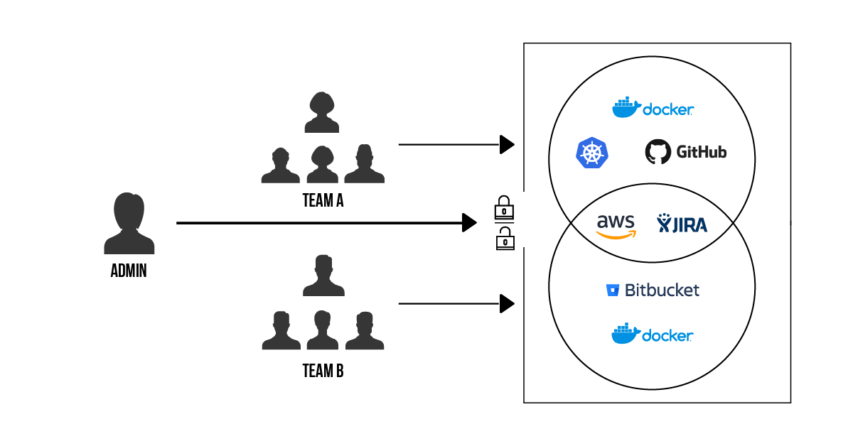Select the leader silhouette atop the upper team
pyautogui.click(x=321, y=113)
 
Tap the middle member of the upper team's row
pyautogui.click(x=322, y=165)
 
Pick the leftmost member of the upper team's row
pyautogui.click(x=280, y=166)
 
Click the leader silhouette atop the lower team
pyautogui.click(x=323, y=276)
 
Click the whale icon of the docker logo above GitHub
pyautogui.click(x=626, y=108)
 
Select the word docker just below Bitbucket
pyautogui.click(x=667, y=335)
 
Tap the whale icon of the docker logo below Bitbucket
pyautogui.click(x=626, y=334)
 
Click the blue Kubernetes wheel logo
pyautogui.click(x=592, y=153)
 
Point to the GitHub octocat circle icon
pyautogui.click(x=658, y=151)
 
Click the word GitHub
pyautogui.click(x=701, y=152)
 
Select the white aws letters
pyautogui.click(x=616, y=221)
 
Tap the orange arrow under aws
pyautogui.click(x=616, y=234)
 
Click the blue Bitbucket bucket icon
pyautogui.click(x=612, y=290)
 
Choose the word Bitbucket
pyautogui.click(x=662, y=290)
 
